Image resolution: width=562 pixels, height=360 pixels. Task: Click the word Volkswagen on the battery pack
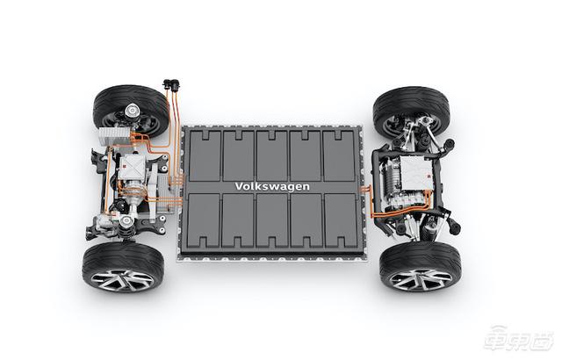(272, 186)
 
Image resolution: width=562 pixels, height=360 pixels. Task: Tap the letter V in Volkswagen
(239, 186)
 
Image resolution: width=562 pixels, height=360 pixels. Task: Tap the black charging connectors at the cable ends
(171, 85)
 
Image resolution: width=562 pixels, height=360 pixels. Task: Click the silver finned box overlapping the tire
(114, 136)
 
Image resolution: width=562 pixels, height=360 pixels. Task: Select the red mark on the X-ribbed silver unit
(125, 165)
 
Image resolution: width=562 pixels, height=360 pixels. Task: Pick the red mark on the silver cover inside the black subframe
(428, 176)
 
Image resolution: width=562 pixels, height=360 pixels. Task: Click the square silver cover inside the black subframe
(416, 173)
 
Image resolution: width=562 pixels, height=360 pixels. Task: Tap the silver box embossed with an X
(133, 168)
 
